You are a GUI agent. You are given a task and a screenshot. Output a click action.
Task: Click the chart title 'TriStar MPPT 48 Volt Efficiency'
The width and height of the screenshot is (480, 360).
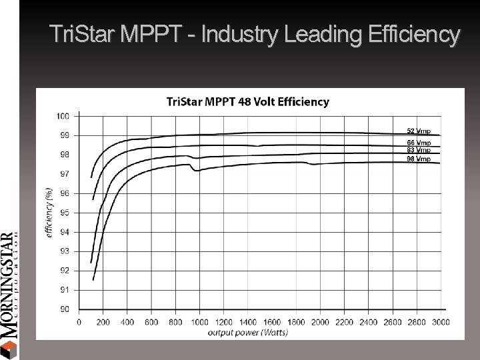[x=247, y=102]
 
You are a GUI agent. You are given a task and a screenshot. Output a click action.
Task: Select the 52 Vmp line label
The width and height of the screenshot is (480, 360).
[x=419, y=131]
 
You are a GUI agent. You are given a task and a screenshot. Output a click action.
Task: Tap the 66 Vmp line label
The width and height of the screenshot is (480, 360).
[x=419, y=143]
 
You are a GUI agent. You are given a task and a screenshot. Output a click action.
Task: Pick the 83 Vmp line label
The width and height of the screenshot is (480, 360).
[x=419, y=150]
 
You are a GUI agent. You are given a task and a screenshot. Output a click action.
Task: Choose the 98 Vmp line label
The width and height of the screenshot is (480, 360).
[x=419, y=159]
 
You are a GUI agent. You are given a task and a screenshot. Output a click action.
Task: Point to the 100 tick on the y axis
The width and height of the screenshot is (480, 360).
[x=63, y=115]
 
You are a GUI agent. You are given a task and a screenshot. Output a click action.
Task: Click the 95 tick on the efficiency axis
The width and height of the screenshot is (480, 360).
[x=64, y=213]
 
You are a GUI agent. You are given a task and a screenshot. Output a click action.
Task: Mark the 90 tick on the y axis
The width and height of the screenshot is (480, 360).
[x=64, y=309]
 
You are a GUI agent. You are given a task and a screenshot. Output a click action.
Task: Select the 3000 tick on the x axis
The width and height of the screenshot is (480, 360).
[x=440, y=323]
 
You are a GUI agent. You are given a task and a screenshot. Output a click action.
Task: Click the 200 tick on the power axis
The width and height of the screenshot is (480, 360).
[x=103, y=323]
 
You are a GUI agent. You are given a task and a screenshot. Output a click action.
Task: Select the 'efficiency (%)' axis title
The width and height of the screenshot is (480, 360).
[x=49, y=213]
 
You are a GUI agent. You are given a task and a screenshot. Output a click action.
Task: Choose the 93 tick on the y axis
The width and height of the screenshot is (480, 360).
[x=64, y=251]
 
